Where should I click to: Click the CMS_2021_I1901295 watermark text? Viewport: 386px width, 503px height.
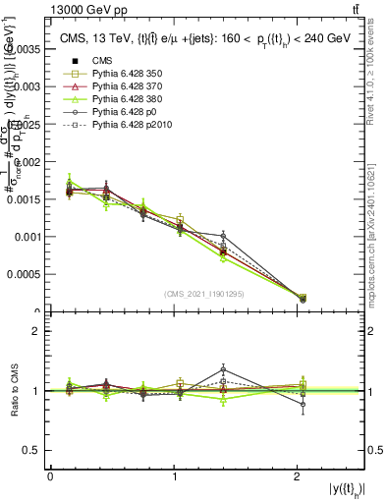pos(205,294)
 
